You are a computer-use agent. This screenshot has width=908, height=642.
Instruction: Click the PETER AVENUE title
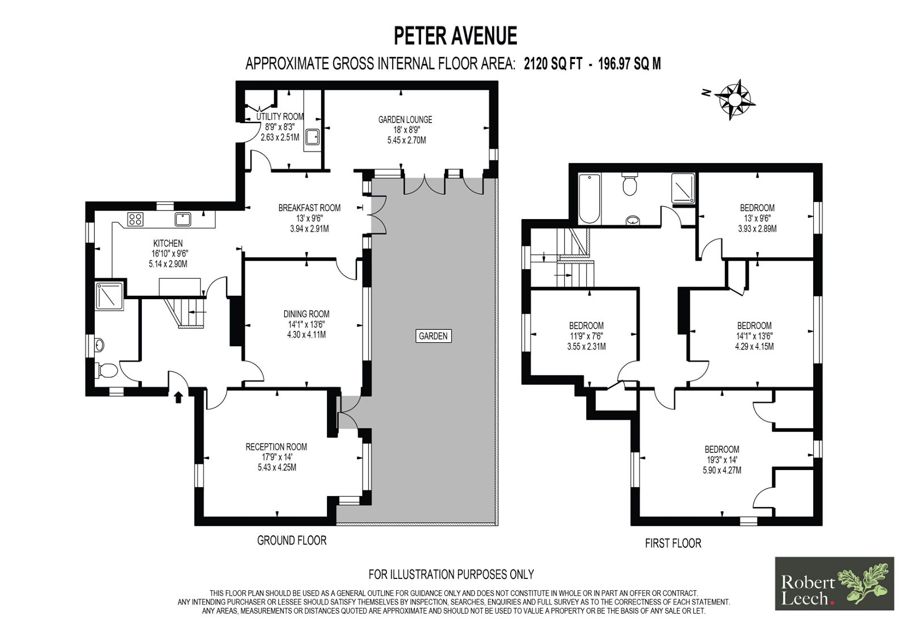coord(455,36)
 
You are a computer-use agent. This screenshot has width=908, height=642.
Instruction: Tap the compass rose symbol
coord(734,100)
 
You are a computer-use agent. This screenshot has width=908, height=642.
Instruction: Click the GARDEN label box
coord(434,336)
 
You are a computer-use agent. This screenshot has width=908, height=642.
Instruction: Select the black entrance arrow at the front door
coord(178,397)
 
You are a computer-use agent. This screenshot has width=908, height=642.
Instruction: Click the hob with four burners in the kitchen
coord(134,220)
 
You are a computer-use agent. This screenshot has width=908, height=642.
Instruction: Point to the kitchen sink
coord(183,220)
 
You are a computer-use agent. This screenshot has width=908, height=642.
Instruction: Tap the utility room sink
coord(312,137)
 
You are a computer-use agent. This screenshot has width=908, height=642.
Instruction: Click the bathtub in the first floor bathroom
coord(589,199)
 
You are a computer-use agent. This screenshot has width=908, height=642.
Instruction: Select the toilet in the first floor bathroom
coord(629,184)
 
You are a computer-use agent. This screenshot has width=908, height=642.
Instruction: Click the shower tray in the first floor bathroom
coord(683,188)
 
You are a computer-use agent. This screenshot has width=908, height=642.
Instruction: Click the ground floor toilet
coord(106,370)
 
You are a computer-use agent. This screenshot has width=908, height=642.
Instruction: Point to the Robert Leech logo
coord(834,584)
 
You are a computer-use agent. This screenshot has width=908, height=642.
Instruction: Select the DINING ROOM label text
coord(306,314)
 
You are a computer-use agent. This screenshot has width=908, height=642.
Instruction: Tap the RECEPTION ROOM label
coord(276,447)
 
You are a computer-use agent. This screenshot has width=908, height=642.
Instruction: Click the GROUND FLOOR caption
coord(292,540)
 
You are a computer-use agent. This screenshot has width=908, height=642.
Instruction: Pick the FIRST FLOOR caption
coord(673,543)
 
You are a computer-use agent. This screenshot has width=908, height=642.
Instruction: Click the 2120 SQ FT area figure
coord(553,64)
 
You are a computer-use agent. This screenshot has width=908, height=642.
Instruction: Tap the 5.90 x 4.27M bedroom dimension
coord(722,471)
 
